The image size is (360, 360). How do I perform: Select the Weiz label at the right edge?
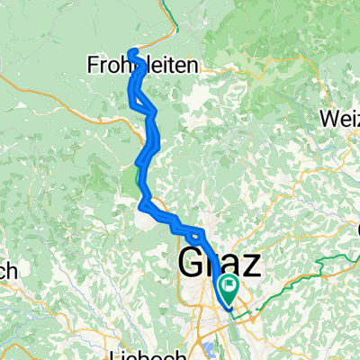[341, 117]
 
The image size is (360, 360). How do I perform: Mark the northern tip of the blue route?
[133, 51]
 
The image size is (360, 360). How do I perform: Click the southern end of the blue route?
[232, 310]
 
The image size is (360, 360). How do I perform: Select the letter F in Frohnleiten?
[94, 65]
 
